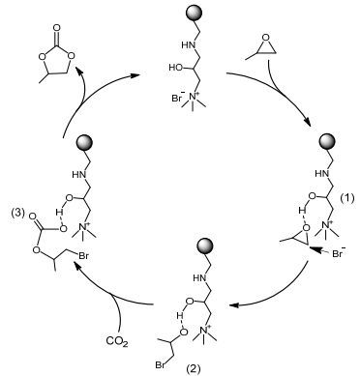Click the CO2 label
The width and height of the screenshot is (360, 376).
117,341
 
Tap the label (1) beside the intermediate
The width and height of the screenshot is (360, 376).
347,198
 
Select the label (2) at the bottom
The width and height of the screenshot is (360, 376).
194,368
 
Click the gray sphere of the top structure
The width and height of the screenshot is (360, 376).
195,14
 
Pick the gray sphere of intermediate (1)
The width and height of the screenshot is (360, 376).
327,142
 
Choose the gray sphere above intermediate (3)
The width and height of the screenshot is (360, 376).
84,143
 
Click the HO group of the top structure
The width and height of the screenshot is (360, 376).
176,68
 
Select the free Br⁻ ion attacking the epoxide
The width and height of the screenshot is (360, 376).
339,252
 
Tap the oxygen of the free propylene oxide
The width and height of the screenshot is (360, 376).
265,38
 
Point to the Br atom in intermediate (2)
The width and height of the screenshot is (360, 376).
161,365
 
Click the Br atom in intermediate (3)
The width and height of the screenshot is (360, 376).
84,257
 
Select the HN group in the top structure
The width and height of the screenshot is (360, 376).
189,45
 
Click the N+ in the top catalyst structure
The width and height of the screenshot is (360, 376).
195,96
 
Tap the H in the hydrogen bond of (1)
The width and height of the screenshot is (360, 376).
302,211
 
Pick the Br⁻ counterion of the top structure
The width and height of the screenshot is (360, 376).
178,98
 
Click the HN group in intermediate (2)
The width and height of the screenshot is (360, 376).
200,277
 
